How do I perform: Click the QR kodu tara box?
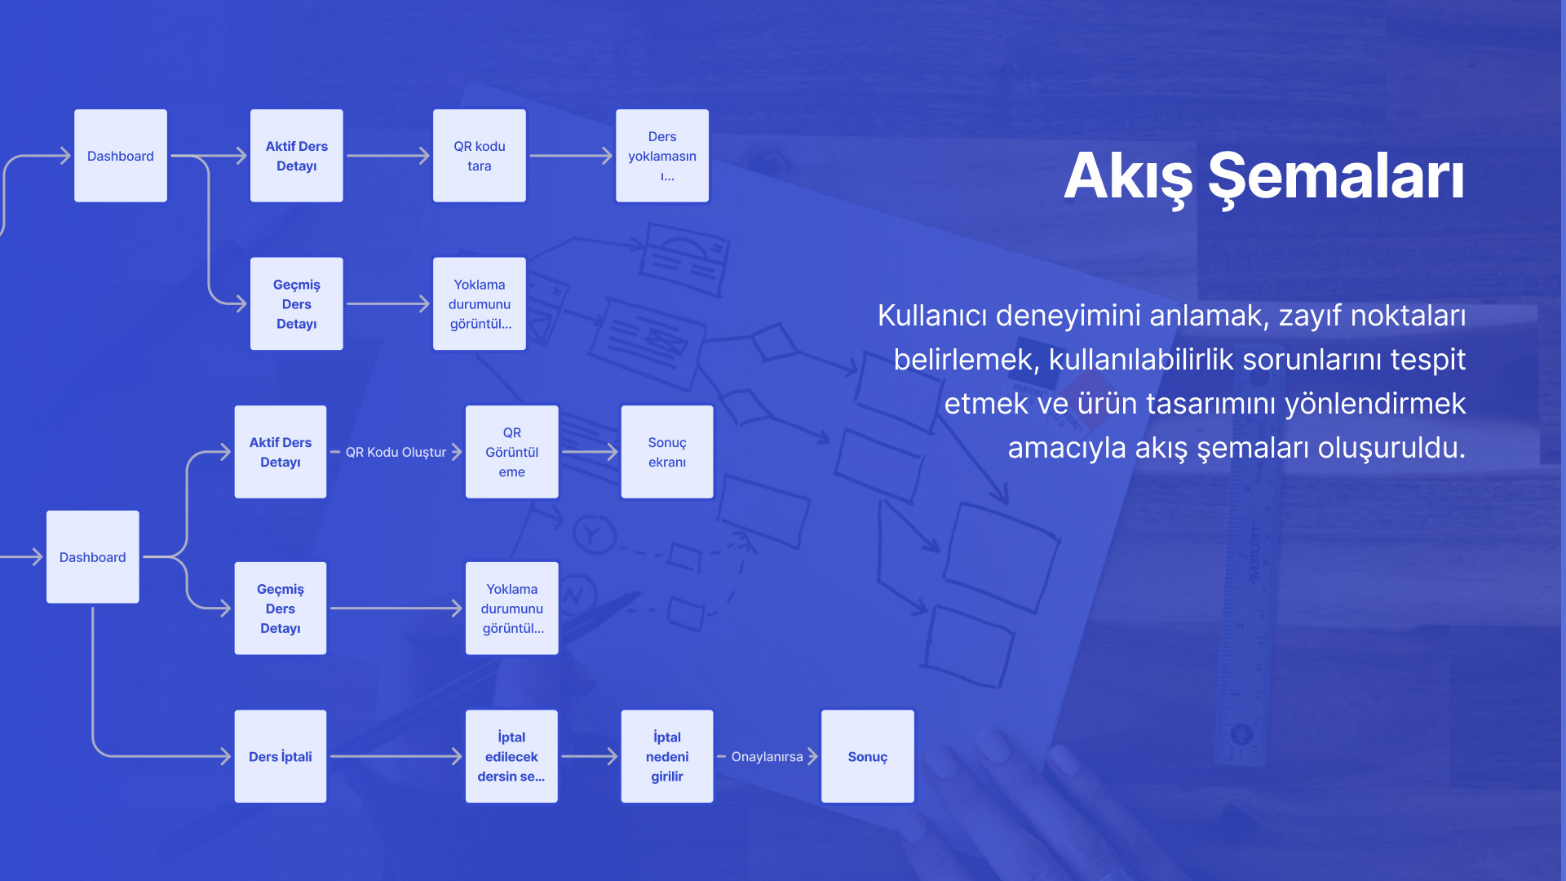[479, 156]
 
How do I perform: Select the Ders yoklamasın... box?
[661, 156]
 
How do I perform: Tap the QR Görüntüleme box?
[511, 452]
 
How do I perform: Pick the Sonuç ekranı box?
[666, 452]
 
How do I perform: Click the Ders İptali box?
[280, 756]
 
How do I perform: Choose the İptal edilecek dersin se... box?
[511, 756]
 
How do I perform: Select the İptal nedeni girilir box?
[666, 756]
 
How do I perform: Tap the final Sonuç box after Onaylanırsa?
[867, 756]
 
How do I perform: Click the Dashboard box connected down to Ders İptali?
[92, 557]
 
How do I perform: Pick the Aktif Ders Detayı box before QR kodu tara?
[296, 156]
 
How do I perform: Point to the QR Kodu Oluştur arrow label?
[396, 452]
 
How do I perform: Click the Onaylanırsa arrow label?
[767, 757]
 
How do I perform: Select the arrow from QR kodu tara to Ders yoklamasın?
[570, 156]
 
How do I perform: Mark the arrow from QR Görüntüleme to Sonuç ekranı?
[589, 452]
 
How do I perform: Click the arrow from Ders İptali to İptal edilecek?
[396, 756]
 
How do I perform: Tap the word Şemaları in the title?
[1336, 177]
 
